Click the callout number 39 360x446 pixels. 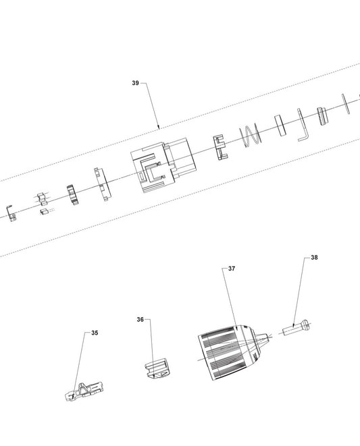coord(135,83)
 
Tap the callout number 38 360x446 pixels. coord(314,258)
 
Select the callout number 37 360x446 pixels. coord(232,269)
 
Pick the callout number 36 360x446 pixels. coord(140,320)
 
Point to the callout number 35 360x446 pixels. coord(95,333)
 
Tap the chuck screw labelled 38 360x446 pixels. coord(297,328)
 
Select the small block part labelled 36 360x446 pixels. coord(157,368)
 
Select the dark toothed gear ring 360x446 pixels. coord(73,195)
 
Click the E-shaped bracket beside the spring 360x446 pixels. coord(221,148)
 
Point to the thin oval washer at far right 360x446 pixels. coord(346,104)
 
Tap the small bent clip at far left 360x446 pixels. coord(11,213)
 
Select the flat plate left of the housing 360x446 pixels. coord(103,184)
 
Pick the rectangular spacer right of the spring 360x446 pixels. coord(281,125)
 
